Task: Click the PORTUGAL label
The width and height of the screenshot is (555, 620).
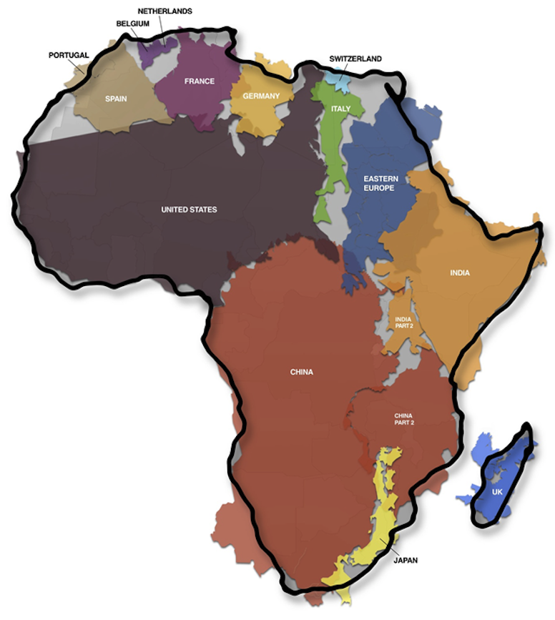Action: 69,55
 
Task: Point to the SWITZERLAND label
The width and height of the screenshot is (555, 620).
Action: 355,59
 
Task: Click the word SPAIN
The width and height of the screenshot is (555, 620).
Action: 116,99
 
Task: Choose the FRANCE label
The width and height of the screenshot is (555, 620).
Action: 200,82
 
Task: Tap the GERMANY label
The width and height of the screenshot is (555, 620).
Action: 261,96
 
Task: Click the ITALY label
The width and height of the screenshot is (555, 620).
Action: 340,109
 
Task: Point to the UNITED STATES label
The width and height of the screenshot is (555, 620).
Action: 189,210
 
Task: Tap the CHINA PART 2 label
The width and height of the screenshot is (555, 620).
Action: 404,418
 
